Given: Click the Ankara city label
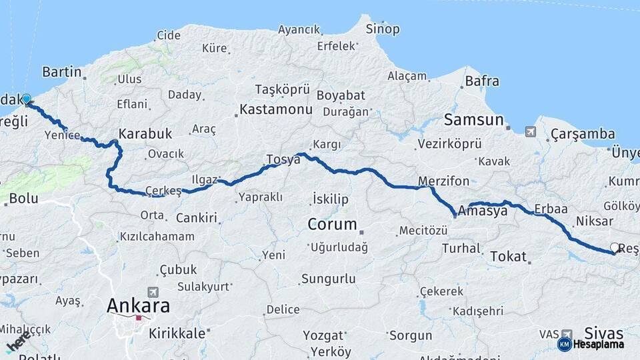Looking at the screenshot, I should coord(139,306).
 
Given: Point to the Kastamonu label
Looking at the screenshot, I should coord(275,109).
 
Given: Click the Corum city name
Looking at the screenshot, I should coord(332,224).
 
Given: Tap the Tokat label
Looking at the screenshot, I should coord(508,256).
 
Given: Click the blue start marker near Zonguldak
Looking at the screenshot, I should coord(26,99).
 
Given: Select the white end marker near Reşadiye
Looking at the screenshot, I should coord(614,247).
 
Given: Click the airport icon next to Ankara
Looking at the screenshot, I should coord(154,292).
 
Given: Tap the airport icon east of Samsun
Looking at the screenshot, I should coord(530,131).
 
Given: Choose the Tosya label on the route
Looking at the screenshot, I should coord(283,159).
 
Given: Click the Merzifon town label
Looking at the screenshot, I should coord(443,181).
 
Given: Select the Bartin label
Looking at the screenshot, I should coord(61,72).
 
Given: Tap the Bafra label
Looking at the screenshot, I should coord(481,81).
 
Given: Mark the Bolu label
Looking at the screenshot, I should coord(23,199).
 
